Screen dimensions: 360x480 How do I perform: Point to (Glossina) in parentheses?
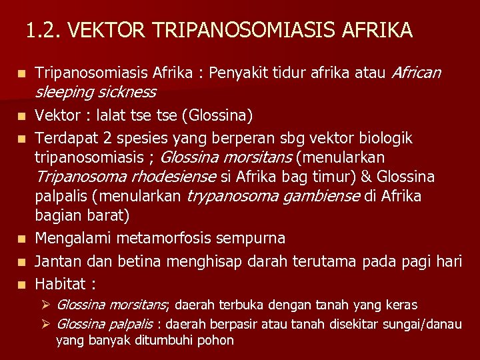click(x=221, y=117)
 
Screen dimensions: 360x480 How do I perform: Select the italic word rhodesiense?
click(x=173, y=177)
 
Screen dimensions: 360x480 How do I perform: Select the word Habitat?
click(x=61, y=285)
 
